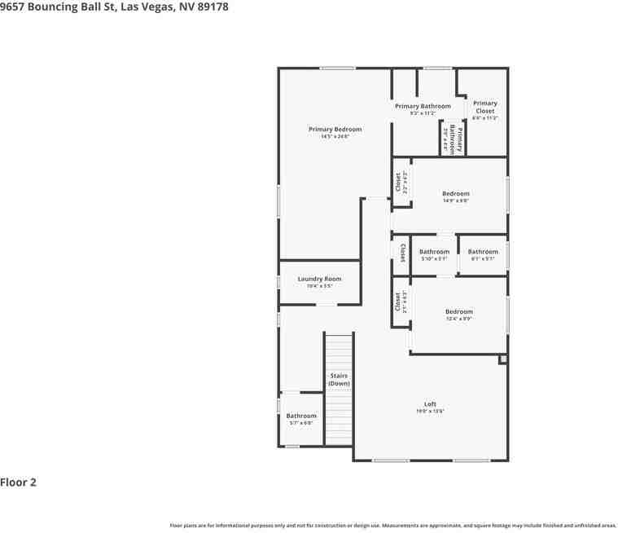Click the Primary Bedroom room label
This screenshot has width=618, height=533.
click(x=335, y=130)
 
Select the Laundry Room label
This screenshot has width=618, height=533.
click(x=319, y=279)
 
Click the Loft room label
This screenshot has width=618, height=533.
click(x=430, y=404)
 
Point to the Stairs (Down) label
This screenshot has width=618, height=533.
click(x=339, y=379)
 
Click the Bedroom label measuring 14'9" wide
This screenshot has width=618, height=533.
click(x=455, y=194)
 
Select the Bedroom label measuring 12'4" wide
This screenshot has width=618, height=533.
click(x=458, y=312)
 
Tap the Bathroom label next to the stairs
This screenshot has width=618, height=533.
click(x=300, y=416)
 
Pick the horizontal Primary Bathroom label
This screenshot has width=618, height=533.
click(x=423, y=107)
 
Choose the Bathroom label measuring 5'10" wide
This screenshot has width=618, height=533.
click(x=434, y=252)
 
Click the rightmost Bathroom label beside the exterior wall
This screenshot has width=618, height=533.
click(x=483, y=252)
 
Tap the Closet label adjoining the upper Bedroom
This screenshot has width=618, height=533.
click(x=398, y=183)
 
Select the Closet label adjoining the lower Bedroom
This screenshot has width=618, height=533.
click(x=398, y=302)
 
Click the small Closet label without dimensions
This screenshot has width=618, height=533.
click(x=402, y=253)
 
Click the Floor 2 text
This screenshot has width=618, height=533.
click(x=19, y=482)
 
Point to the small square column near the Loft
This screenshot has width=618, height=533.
click(x=502, y=359)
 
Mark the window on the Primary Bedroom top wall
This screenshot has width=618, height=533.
click(x=337, y=68)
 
